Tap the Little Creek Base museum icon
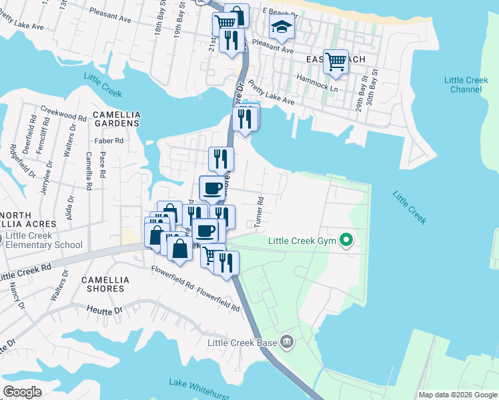coord(287,341)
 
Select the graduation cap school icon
coord(282,27)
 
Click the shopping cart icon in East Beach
coord(336,61)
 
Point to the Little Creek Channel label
coord(466,85)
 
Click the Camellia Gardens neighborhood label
coord(116,119)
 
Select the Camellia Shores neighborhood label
coord(103,284)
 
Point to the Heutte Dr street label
coord(105,311)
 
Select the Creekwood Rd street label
coord(64,113)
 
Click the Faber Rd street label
coord(109,141)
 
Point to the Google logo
coord(22,392)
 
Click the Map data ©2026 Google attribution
coord(457,395)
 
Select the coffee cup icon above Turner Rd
coord(212,188)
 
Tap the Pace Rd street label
coord(103,164)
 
